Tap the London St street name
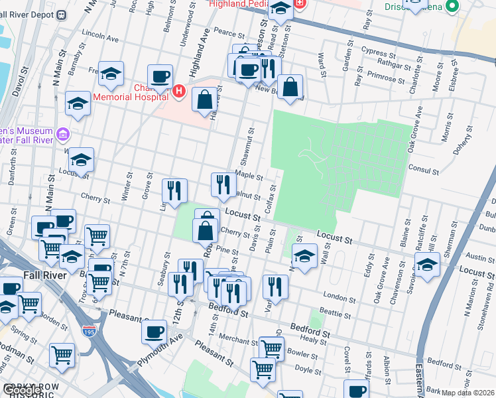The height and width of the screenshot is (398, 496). click(x=334, y=295)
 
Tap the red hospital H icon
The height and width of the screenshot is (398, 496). click(x=178, y=91)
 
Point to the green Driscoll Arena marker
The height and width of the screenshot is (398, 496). click(x=453, y=7)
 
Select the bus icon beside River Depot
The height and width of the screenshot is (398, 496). click(x=62, y=14)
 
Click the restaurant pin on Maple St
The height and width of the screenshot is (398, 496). click(x=223, y=183)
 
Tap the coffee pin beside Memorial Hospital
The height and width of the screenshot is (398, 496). click(x=160, y=76)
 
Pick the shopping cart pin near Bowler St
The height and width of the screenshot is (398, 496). click(x=271, y=347)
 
